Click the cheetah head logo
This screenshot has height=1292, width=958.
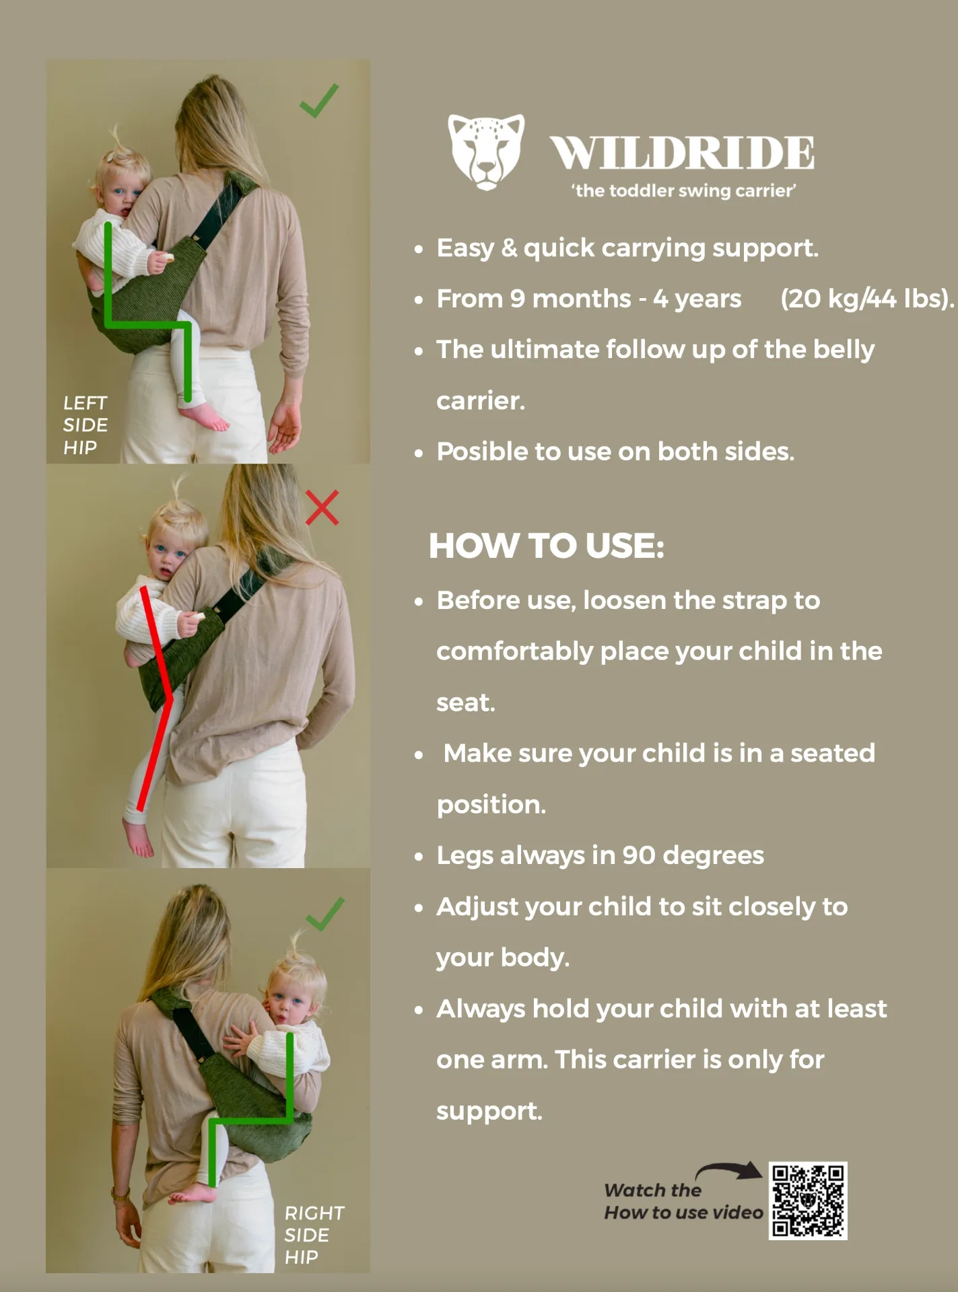[486, 152]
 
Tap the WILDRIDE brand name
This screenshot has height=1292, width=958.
[682, 153]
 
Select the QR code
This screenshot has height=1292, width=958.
[808, 1200]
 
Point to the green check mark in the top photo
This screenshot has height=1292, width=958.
[319, 101]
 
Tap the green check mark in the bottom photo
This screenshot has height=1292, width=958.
[324, 914]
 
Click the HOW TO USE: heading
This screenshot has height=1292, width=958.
[547, 545]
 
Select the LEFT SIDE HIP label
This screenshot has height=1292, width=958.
[85, 425]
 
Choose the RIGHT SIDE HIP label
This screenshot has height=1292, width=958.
[314, 1235]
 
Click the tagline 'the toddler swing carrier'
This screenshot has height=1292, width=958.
[683, 190]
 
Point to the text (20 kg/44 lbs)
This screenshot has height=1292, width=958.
[867, 298]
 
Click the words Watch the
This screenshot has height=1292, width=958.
[652, 1190]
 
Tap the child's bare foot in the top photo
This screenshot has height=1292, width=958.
[206, 417]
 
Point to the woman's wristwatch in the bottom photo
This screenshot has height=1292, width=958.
[121, 1197]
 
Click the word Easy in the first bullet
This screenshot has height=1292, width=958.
[465, 248]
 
